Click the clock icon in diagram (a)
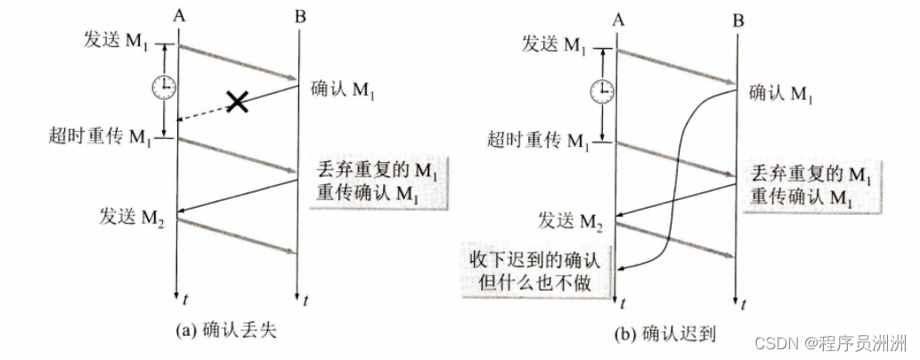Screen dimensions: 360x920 point(163,87)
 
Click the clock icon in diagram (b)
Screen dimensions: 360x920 point(603,90)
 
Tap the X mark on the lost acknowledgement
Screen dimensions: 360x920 point(237,102)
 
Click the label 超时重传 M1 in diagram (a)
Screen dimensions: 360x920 point(102,135)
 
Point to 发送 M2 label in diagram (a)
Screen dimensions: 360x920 point(125,213)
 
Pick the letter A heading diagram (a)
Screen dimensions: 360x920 point(182,12)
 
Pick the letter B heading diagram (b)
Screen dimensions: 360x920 point(737,16)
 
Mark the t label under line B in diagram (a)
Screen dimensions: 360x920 point(305,299)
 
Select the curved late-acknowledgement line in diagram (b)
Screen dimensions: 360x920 point(679,178)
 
